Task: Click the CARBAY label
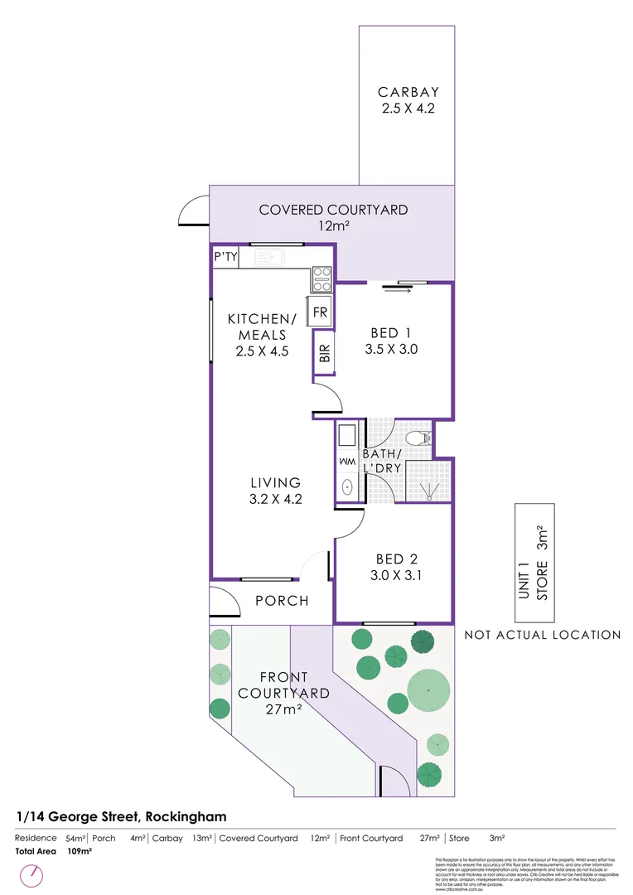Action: click(408, 92)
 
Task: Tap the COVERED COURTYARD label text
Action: click(333, 210)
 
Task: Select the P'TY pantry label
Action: click(226, 258)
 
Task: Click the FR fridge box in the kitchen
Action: click(321, 312)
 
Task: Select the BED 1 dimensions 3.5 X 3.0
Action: click(391, 350)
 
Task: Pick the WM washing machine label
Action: click(347, 460)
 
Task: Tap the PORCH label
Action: click(281, 601)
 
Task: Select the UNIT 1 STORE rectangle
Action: click(534, 563)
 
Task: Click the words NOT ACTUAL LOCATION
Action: click(542, 636)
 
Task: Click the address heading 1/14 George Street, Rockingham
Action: click(121, 816)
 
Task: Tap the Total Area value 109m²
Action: click(79, 851)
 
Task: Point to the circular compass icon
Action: click(34, 874)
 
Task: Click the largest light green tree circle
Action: click(428, 689)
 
